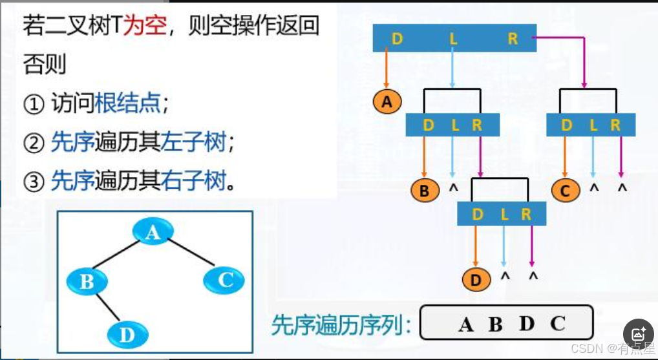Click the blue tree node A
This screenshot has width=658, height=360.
pyautogui.click(x=152, y=231)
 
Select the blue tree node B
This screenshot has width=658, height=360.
pyautogui.click(x=87, y=281)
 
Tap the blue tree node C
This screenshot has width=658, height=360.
pyautogui.click(x=224, y=280)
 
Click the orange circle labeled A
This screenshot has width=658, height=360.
pyautogui.click(x=387, y=101)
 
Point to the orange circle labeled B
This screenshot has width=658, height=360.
pyautogui.click(x=425, y=191)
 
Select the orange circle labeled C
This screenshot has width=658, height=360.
pyautogui.click(x=566, y=191)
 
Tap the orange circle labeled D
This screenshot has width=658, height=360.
pyautogui.click(x=476, y=280)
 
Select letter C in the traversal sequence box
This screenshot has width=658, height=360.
pyautogui.click(x=558, y=323)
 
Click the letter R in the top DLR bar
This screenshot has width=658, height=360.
pyautogui.click(x=513, y=39)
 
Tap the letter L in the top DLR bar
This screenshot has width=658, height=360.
pyautogui.click(x=453, y=39)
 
